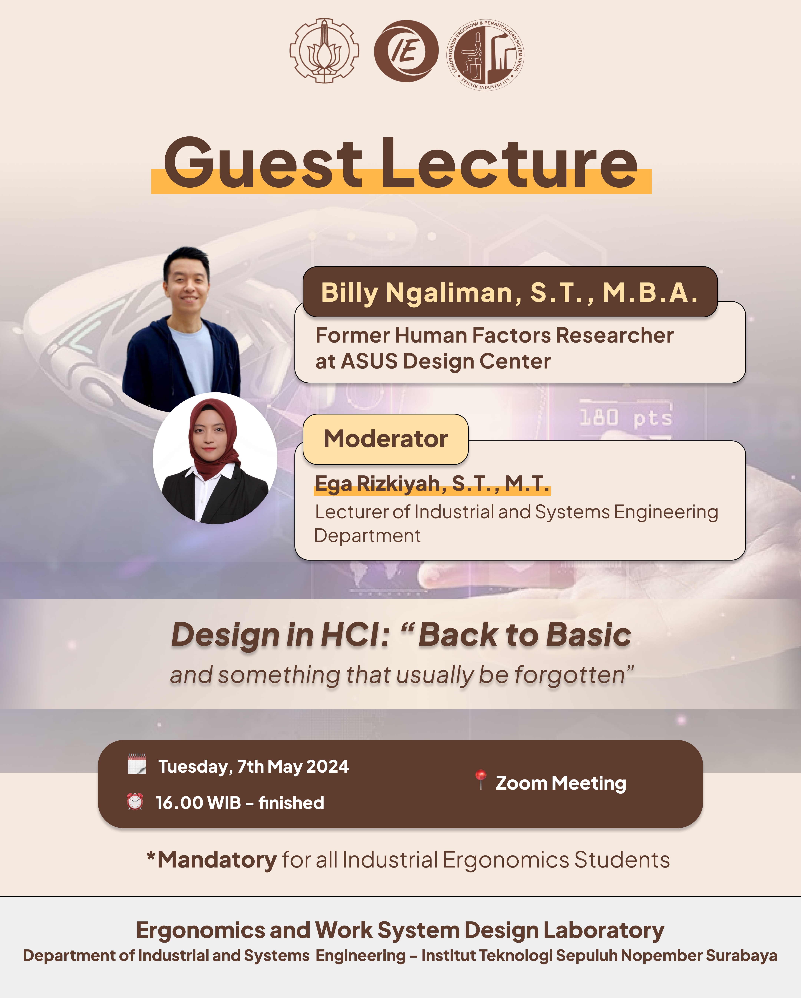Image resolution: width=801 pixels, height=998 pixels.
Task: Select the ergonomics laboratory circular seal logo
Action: [x=485, y=55]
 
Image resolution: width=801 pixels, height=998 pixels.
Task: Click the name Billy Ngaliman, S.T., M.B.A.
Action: [x=509, y=293]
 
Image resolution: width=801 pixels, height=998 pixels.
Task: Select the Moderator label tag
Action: [x=386, y=439]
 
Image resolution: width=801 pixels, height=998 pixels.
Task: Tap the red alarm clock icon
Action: [x=135, y=801]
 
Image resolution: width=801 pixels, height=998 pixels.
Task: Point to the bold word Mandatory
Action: [x=217, y=860]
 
